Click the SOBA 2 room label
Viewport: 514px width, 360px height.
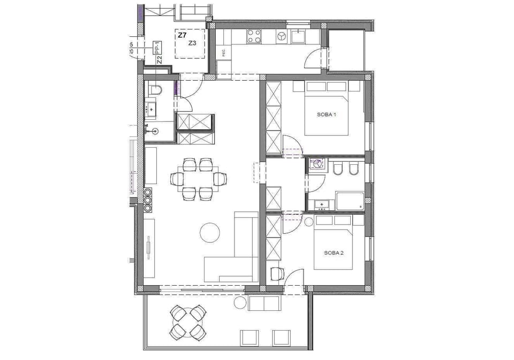coord(334,252)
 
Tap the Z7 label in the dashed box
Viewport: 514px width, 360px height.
coord(182,35)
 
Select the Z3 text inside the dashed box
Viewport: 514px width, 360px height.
coord(192,43)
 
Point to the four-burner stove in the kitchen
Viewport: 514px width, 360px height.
coord(254,36)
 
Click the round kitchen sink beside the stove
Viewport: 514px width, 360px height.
coord(281,36)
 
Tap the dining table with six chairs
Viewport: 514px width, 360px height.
coord(195,179)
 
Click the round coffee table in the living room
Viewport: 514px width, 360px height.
coord(210,232)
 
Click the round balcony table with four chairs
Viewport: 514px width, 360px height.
coord(188,322)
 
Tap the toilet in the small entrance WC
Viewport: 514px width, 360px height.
coord(155,90)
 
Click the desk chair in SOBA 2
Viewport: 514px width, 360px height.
coord(276,273)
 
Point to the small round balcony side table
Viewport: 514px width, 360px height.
coord(239,303)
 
